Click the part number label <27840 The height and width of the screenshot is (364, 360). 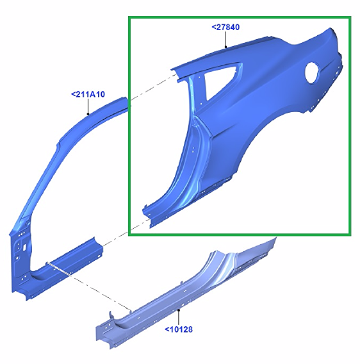pos(225,27)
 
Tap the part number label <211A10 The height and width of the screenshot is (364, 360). pos(88,94)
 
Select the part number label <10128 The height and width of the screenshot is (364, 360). pos(179,329)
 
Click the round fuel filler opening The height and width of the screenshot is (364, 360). pos(312,73)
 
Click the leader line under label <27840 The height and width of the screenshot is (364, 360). pos(225,40)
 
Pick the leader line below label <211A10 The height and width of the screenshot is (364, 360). pos(88,106)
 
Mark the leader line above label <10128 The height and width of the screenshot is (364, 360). pos(179,317)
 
